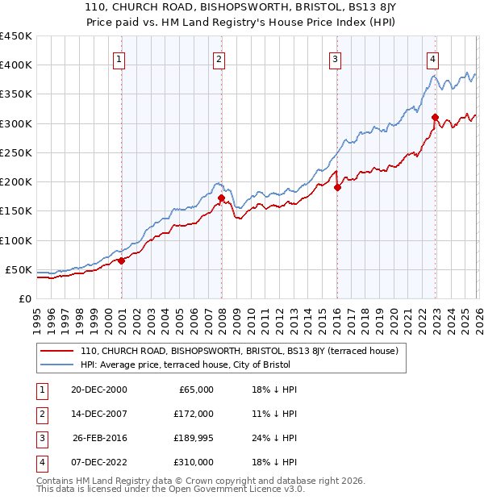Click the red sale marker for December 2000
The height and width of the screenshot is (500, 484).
click(x=122, y=260)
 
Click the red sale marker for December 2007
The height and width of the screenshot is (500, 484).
click(x=221, y=197)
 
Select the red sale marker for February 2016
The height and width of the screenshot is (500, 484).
click(x=337, y=187)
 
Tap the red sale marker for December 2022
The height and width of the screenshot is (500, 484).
click(x=435, y=117)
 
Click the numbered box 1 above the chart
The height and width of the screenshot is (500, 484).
click(x=119, y=58)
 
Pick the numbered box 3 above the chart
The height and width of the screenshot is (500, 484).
click(x=335, y=58)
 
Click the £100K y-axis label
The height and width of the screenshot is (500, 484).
click(x=16, y=240)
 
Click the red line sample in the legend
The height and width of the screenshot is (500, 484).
click(x=56, y=352)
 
